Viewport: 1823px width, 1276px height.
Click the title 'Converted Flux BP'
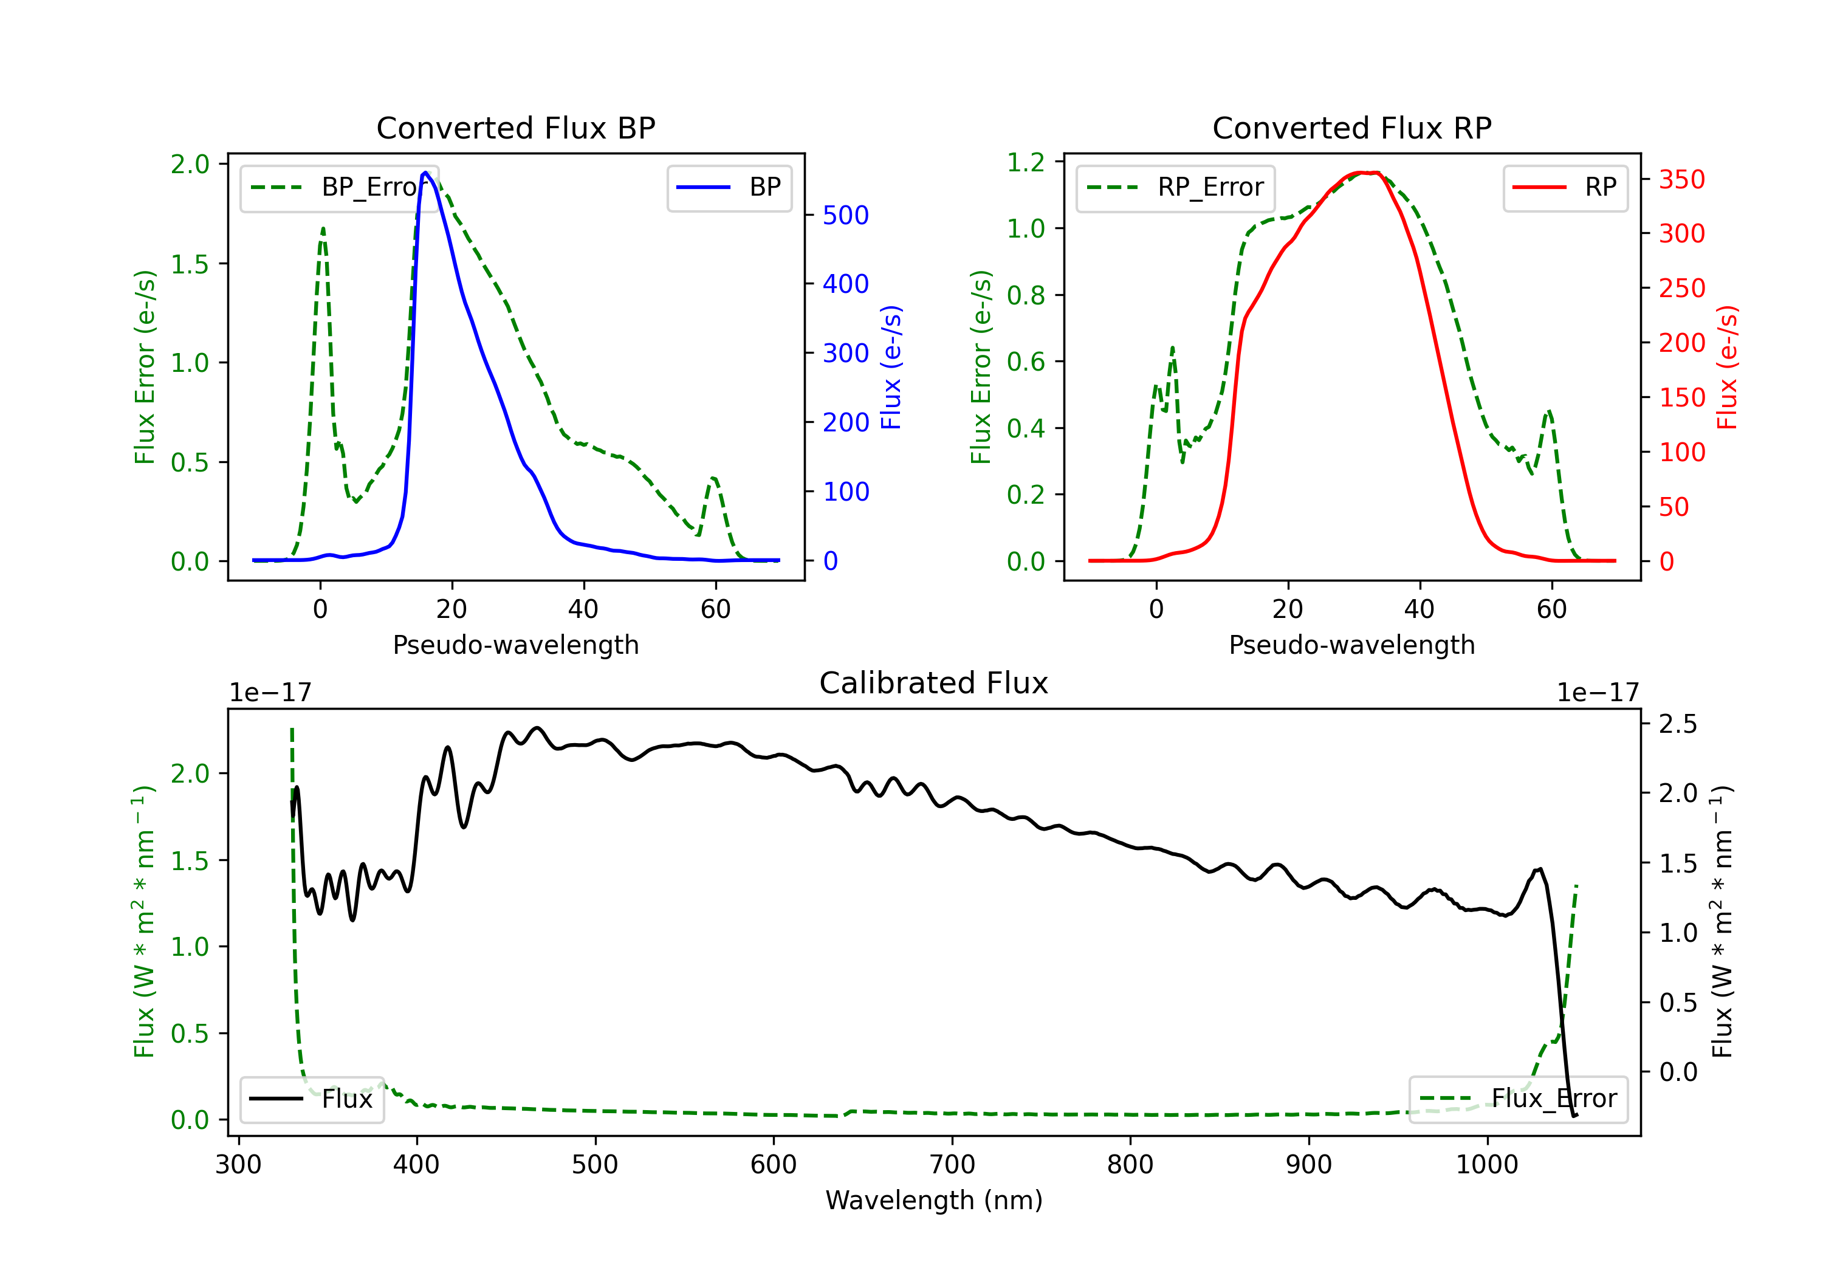pos(515,128)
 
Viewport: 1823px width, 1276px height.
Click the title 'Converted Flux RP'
pos(1351,128)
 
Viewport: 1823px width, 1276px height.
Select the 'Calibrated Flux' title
pos(934,683)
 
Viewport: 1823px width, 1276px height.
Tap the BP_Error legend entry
pos(339,187)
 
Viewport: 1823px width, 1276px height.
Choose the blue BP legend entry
pos(729,187)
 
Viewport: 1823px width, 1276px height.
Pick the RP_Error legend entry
pos(1175,187)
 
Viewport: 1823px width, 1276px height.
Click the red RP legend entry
pos(1565,187)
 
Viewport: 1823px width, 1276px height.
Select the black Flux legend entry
pos(311,1099)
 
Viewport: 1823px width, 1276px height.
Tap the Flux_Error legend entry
pos(1517,1099)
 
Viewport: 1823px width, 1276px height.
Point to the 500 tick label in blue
pos(846,215)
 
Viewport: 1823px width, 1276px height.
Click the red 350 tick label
pos(1681,179)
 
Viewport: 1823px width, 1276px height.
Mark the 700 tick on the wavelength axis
pos(952,1165)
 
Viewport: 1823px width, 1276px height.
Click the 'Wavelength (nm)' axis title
pos(934,1201)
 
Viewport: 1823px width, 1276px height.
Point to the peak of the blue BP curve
pos(425,173)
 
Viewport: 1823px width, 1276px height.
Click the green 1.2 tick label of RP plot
pos(1026,162)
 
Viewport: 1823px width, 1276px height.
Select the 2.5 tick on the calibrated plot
pos(1678,724)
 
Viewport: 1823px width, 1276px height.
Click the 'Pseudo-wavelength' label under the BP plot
pos(515,645)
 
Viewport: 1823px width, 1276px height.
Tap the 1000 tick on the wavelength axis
pos(1487,1165)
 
